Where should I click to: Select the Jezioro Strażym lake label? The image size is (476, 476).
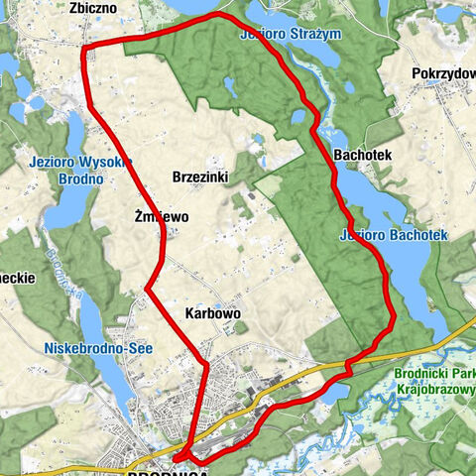tap(292, 35)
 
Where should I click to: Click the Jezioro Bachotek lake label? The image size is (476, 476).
tap(394, 235)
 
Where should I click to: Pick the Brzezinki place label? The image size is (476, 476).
tap(200, 176)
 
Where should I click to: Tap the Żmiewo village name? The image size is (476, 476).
tap(161, 215)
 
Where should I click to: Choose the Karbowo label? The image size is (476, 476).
tap(213, 312)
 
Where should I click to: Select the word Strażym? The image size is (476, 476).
tap(317, 35)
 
